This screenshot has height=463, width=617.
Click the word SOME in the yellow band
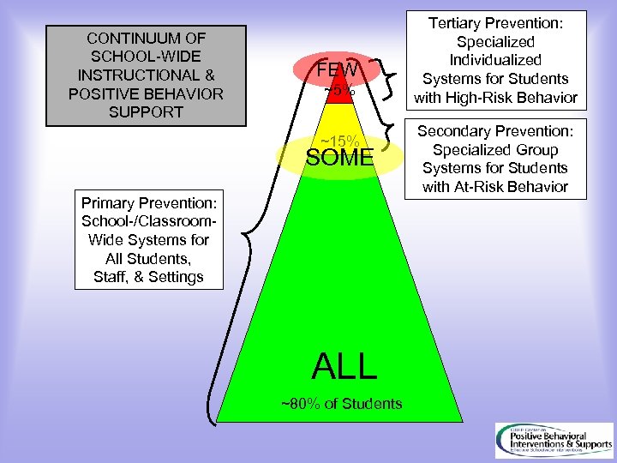(x=340, y=158)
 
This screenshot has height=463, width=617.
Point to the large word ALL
(x=344, y=366)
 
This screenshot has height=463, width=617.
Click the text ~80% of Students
(x=342, y=403)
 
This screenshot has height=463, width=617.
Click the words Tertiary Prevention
(x=496, y=23)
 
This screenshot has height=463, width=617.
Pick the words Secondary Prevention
(x=496, y=131)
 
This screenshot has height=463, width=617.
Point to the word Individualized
(x=496, y=60)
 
